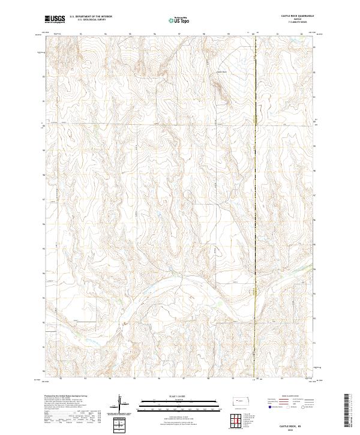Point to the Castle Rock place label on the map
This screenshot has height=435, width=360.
[221, 73]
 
